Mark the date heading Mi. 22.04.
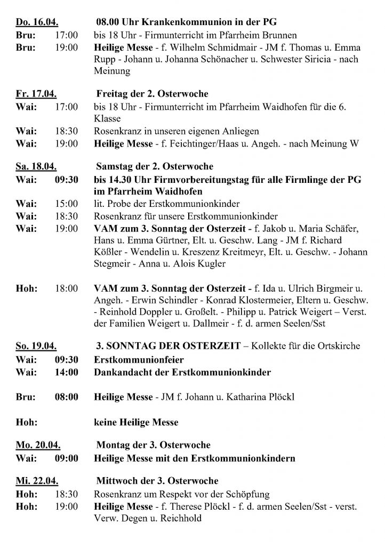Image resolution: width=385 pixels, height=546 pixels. [35, 481]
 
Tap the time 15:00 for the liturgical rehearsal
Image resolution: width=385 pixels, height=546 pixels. [67, 204]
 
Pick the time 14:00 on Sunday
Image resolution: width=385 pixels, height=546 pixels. [67, 372]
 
